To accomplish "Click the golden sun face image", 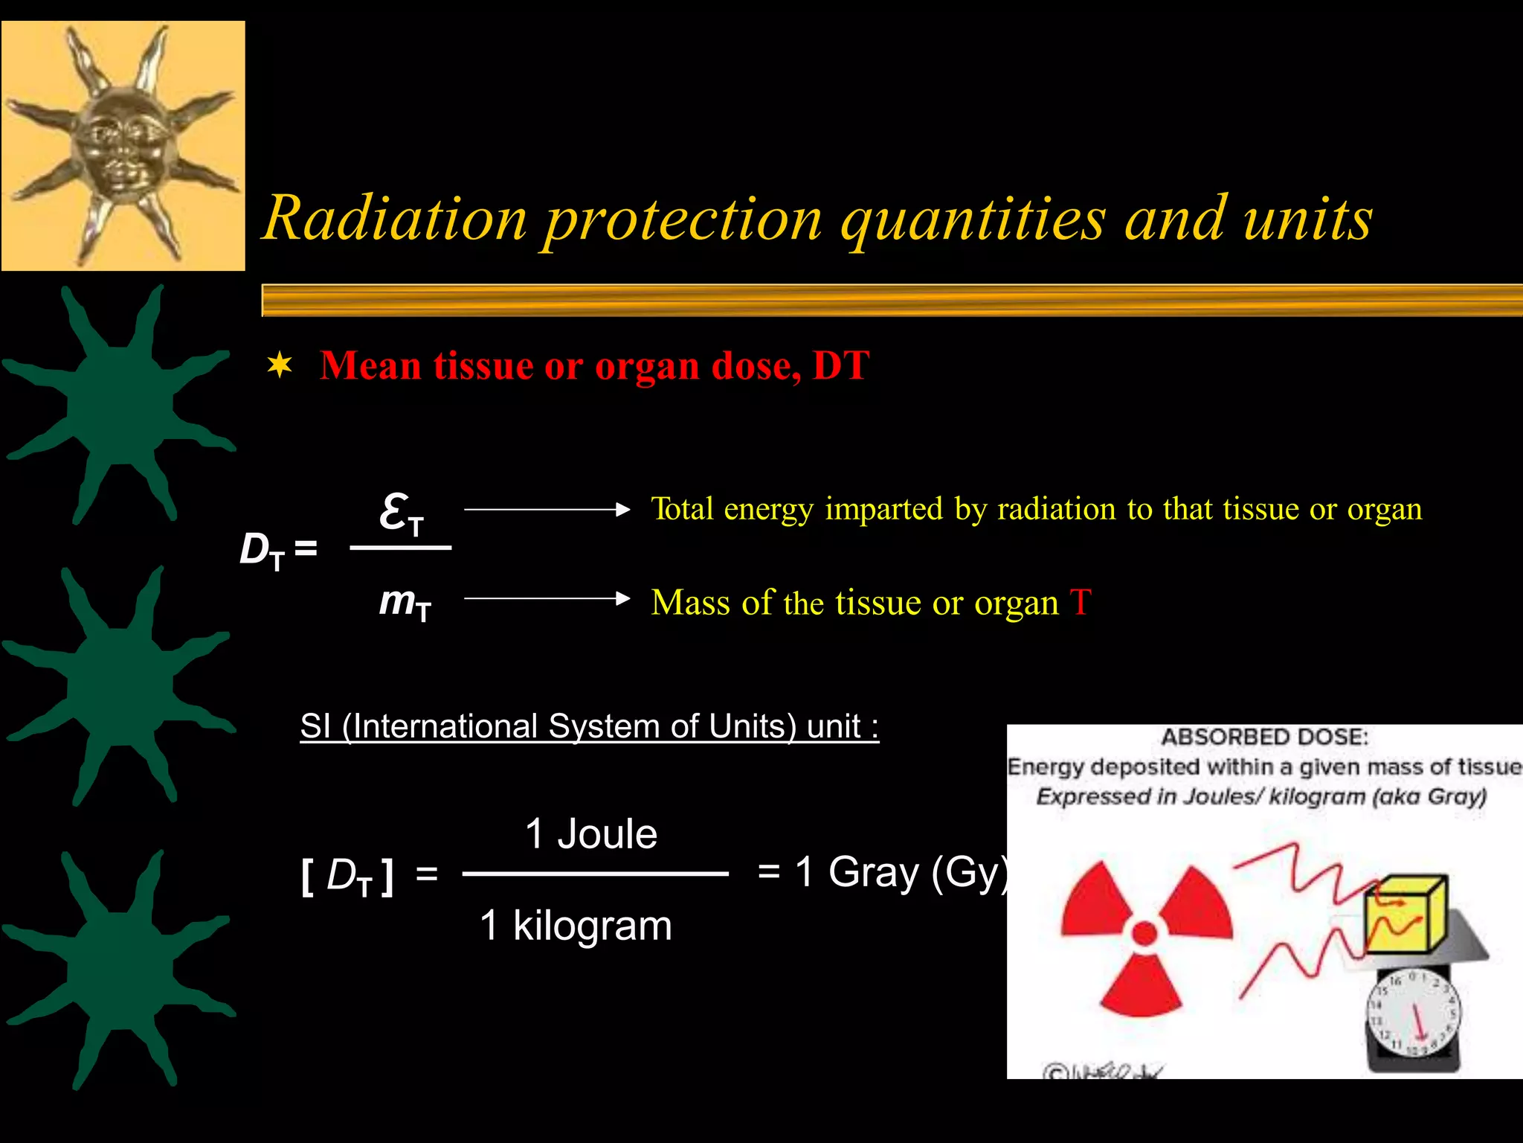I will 123,146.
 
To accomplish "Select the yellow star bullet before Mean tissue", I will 280,365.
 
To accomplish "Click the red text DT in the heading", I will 840,365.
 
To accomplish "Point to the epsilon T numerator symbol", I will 401,514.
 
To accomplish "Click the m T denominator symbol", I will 405,602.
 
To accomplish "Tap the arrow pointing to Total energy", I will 547,510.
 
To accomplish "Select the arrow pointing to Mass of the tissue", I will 547,598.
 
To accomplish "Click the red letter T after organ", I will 1080,602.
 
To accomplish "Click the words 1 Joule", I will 591,833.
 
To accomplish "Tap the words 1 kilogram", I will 576,926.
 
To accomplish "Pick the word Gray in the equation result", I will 873,871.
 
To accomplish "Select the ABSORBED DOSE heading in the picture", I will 1264,737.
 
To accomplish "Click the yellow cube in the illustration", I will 1405,915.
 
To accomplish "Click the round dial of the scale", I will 1414,1012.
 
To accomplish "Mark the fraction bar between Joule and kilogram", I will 595,874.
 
